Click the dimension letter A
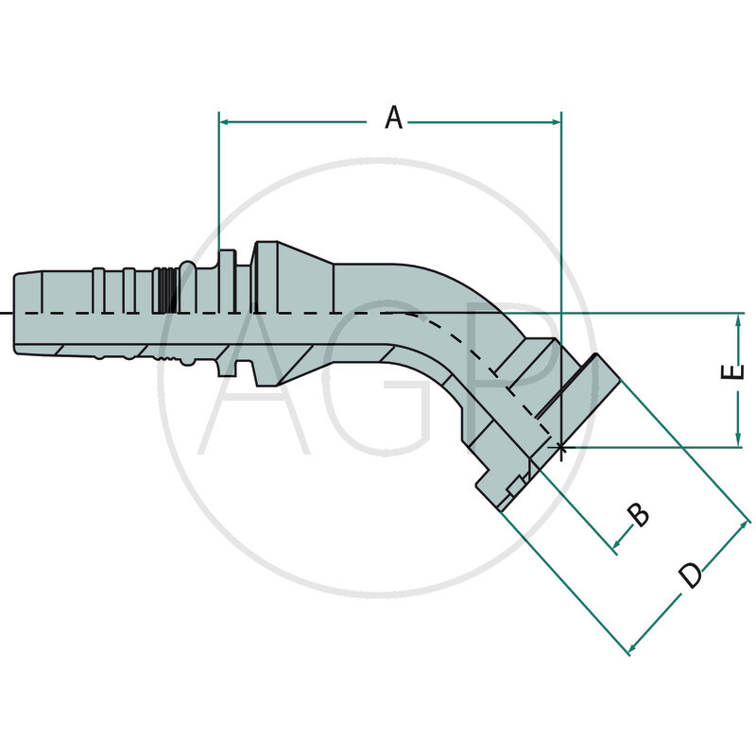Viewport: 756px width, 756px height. (394, 118)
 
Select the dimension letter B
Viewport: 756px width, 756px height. (639, 515)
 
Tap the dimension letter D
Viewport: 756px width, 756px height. (693, 574)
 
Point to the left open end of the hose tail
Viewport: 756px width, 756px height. (16, 313)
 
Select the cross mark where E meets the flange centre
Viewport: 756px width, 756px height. (561, 447)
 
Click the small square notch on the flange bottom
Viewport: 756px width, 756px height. (515, 487)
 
